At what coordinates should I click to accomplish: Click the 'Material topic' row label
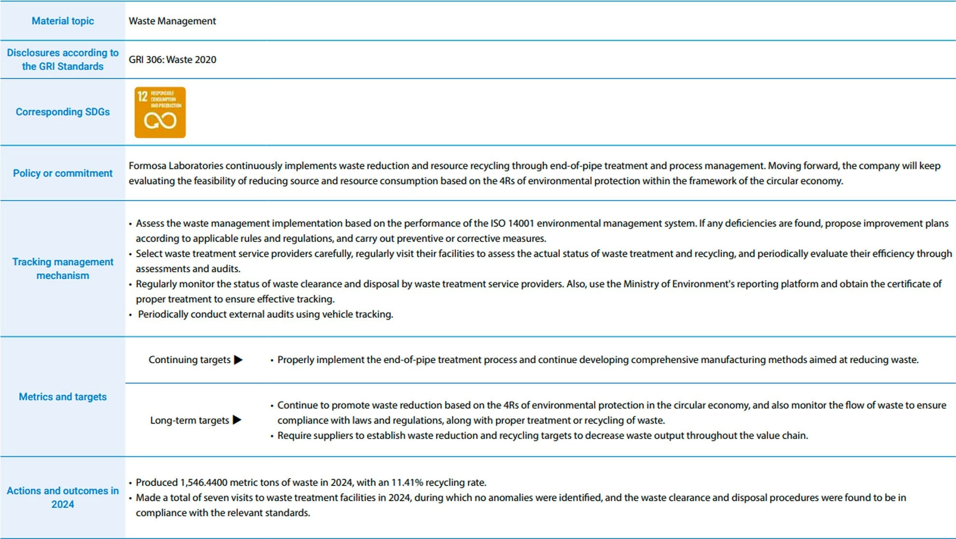tap(63, 21)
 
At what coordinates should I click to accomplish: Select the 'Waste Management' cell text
tap(172, 21)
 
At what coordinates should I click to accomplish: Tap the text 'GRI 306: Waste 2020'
tap(172, 59)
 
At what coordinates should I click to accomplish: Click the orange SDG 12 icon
tap(160, 112)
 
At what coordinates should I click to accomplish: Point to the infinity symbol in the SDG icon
tap(160, 121)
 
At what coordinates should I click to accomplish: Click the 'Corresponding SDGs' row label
tap(63, 112)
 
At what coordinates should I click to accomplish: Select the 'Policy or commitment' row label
tap(63, 173)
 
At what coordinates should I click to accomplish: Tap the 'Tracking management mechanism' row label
tap(63, 269)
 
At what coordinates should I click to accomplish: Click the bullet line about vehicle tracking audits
tap(265, 314)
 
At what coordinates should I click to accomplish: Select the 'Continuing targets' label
tap(189, 360)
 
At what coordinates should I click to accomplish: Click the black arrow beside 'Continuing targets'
tap(238, 360)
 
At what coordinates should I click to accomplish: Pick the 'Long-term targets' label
tap(189, 420)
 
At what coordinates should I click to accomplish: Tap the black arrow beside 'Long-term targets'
tap(237, 420)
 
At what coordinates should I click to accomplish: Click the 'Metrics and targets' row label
tap(63, 397)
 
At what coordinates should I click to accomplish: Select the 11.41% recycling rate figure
tap(407, 482)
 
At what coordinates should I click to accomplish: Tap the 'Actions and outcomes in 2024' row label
tap(63, 497)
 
